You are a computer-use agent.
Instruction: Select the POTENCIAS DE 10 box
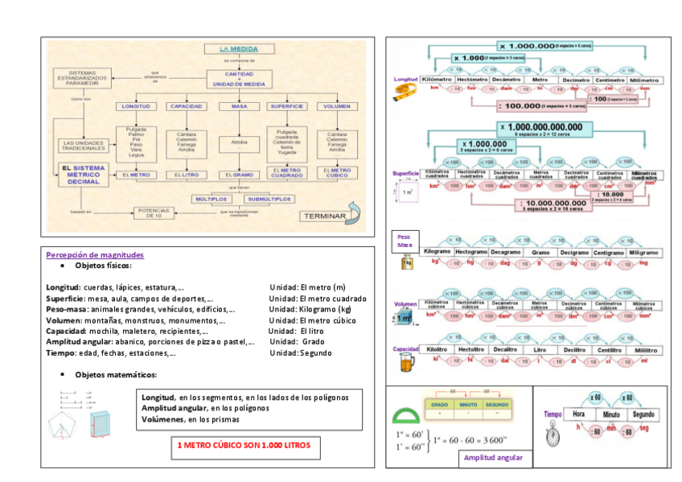[x=155, y=212]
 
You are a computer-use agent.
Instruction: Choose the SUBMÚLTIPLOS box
[x=268, y=198]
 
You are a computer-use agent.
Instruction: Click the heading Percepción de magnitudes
[x=95, y=254]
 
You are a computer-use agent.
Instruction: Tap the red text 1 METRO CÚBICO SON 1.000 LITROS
[x=243, y=445]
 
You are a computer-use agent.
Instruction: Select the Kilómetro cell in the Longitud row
[x=435, y=80]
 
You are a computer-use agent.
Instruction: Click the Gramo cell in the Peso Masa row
[x=540, y=253]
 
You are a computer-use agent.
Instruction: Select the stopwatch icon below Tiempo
[x=553, y=435]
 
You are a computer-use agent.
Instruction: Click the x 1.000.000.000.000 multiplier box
[x=545, y=127]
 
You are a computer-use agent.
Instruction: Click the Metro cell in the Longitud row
[x=540, y=80]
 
